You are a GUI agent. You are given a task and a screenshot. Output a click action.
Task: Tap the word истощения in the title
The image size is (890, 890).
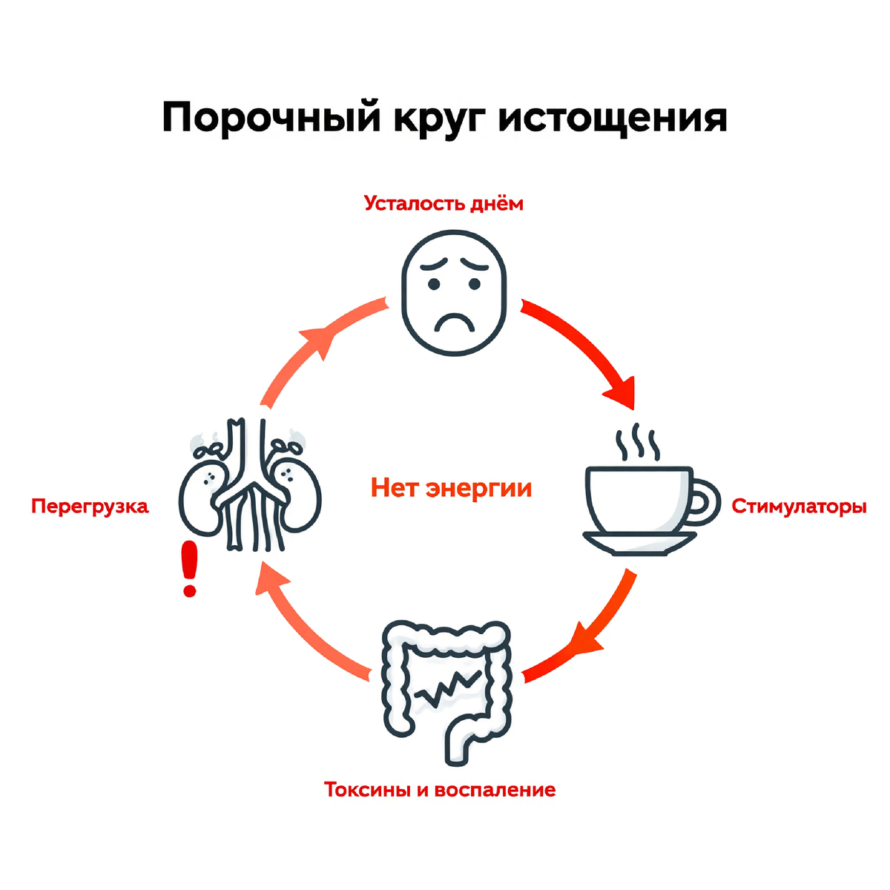pos(613,119)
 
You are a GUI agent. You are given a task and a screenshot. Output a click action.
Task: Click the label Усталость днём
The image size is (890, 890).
pos(444,203)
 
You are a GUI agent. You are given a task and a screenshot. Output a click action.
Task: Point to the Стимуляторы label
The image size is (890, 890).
pos(799,507)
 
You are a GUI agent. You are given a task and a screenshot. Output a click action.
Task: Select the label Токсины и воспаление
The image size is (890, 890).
pos(440,789)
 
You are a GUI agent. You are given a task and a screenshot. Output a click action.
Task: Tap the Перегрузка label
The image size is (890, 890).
pos(90,507)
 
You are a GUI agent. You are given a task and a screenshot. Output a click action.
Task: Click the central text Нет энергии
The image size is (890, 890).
pos(451,488)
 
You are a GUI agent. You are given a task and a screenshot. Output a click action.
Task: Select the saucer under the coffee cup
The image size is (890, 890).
pos(639,542)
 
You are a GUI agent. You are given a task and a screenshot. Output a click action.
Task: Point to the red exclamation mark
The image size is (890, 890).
pos(190,568)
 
